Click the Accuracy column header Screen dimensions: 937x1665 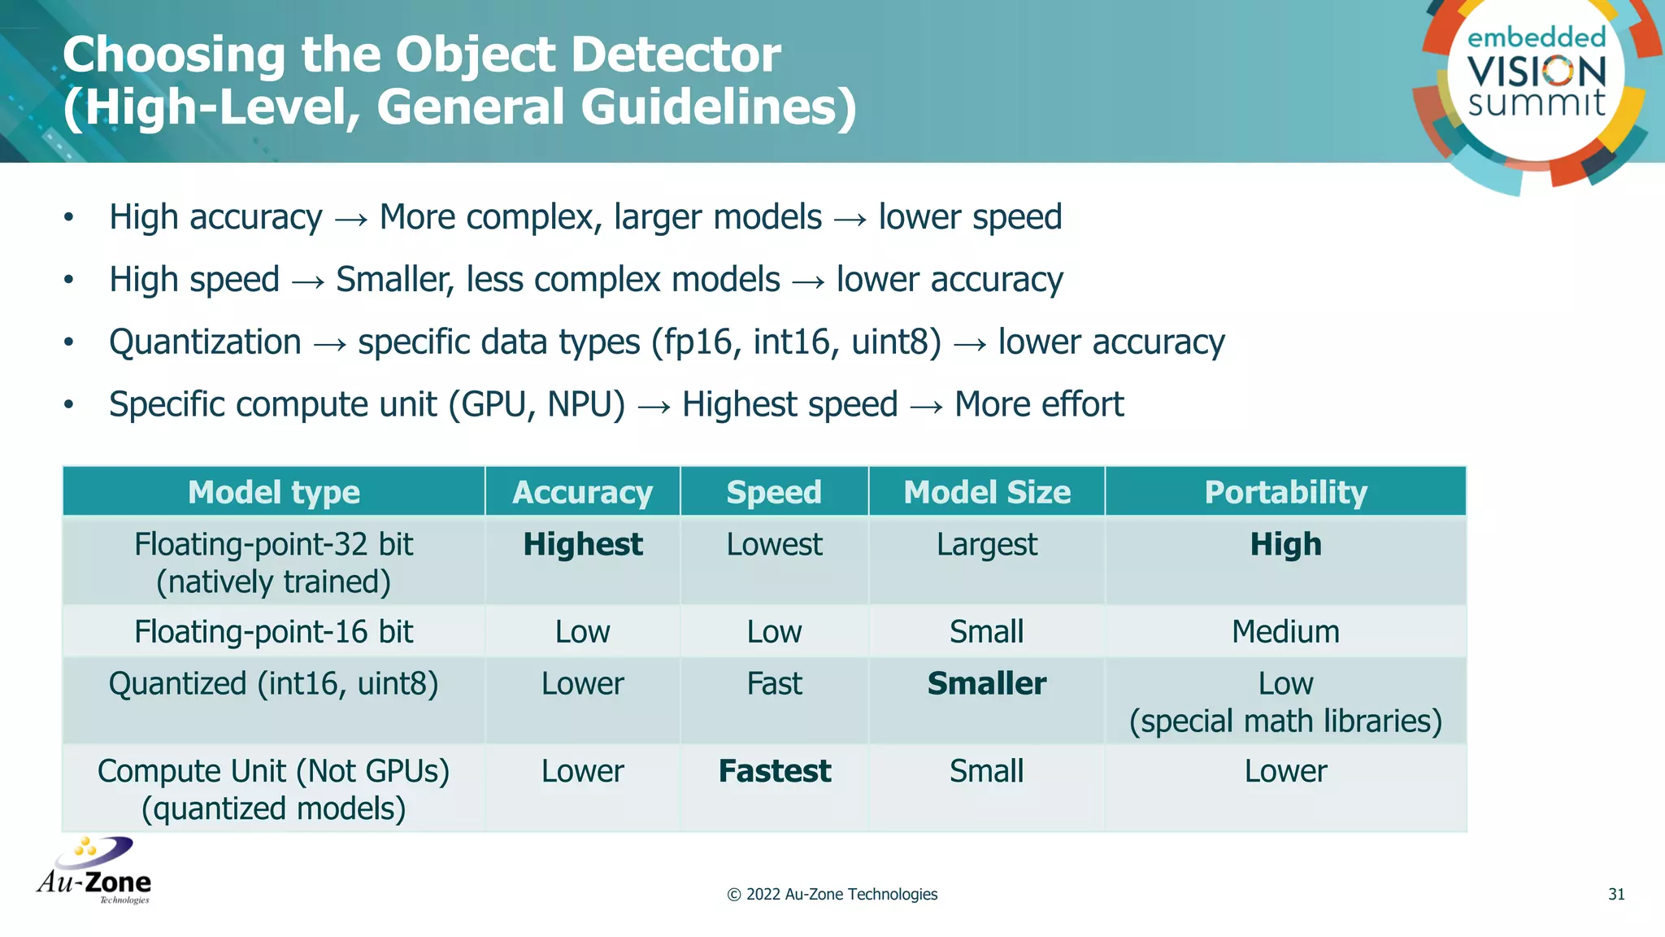582,492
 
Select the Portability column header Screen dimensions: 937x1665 1285,492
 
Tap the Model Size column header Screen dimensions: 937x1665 987,492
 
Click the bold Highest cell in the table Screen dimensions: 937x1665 583,544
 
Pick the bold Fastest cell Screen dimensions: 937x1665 775,771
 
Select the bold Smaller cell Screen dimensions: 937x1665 987,683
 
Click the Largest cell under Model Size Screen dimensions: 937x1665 987,544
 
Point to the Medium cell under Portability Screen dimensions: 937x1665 1285,631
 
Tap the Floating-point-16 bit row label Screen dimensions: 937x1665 274,631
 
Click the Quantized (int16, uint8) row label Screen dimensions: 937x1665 274,683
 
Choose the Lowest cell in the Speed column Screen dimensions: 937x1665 775,544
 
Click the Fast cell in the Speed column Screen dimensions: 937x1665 775,683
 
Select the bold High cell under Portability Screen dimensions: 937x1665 1285,544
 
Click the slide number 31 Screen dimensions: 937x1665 1616,894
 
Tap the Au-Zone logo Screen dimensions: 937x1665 94,871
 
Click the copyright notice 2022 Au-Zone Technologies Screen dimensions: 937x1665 832,894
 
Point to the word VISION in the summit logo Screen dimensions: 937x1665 1537,72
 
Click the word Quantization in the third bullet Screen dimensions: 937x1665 205,342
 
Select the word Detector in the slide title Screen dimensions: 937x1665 676,55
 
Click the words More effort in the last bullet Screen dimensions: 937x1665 1039,404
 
